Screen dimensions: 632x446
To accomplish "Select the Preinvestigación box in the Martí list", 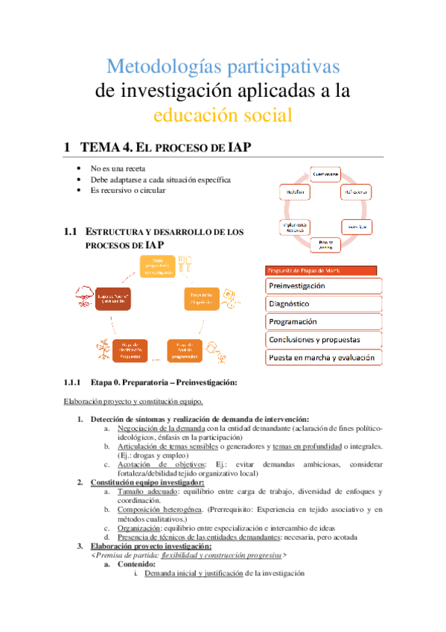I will pyautogui.click(x=323, y=285).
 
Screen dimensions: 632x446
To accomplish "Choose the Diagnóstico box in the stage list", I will pyautogui.click(x=323, y=303).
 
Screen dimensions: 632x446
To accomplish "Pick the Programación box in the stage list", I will pyautogui.click(x=323, y=321).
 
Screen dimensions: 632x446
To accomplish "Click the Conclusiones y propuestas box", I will pyautogui.click(x=323, y=339).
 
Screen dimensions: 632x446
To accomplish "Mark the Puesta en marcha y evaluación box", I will pyautogui.click(x=323, y=358).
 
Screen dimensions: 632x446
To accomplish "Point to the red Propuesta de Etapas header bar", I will pyautogui.click(x=321, y=270).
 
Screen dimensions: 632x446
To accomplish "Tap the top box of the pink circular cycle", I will pyautogui.click(x=325, y=174).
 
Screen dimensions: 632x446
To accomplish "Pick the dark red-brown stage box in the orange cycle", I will pyautogui.click(x=113, y=298).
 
